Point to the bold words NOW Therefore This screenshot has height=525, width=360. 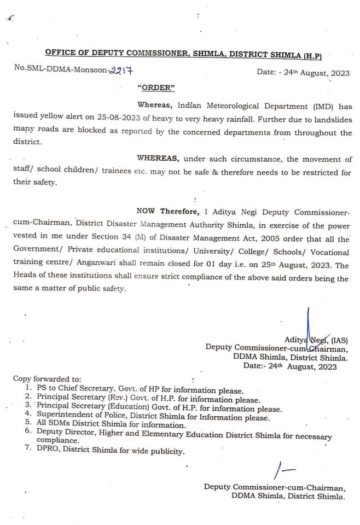click(166, 212)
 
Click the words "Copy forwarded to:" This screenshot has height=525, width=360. click(48, 378)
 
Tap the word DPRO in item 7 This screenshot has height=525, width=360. click(49, 451)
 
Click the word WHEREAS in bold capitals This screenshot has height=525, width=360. click(158, 159)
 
